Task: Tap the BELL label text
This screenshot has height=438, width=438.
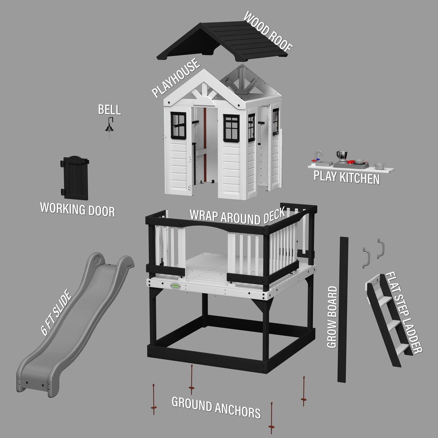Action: [x=109, y=110]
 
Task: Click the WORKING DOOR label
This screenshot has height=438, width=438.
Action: [x=78, y=210]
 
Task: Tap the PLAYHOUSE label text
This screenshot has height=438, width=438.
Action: [x=176, y=79]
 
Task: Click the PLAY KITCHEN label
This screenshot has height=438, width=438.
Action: [x=346, y=177]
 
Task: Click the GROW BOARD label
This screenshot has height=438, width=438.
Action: [x=332, y=317]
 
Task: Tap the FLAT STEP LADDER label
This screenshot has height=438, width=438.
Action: [x=403, y=312]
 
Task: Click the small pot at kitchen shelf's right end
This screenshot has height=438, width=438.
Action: [x=379, y=166]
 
